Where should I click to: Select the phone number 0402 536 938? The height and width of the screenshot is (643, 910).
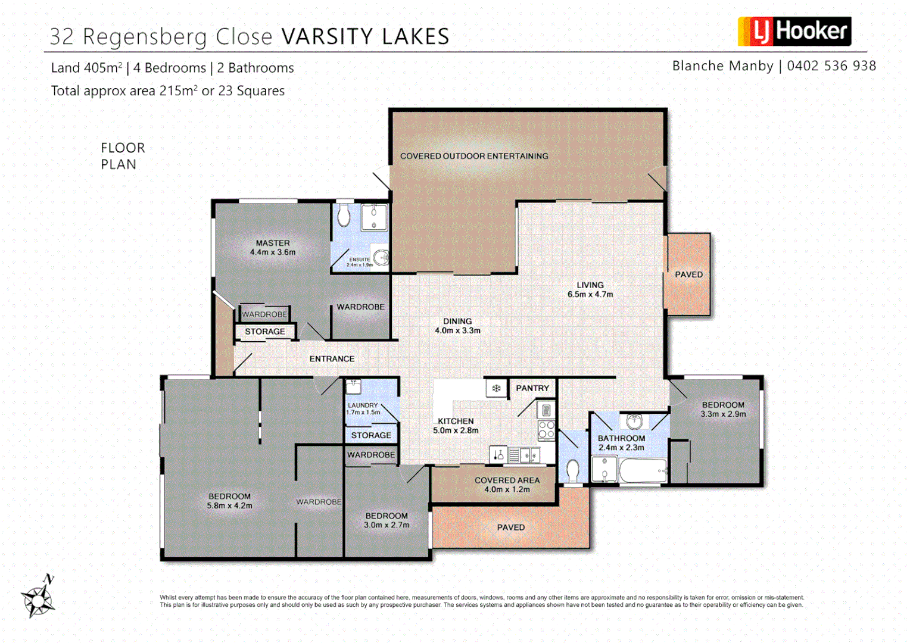pyautogui.click(x=831, y=66)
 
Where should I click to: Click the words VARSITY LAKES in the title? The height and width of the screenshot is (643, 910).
pyautogui.click(x=365, y=37)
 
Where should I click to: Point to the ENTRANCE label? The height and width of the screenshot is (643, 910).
pyautogui.click(x=332, y=359)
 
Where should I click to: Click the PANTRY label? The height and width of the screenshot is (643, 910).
pyautogui.click(x=532, y=388)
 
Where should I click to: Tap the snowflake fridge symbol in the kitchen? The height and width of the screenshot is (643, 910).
pyautogui.click(x=495, y=389)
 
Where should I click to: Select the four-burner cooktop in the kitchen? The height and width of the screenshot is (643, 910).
pyautogui.click(x=546, y=430)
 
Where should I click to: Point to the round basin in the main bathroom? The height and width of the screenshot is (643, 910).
pyautogui.click(x=634, y=422)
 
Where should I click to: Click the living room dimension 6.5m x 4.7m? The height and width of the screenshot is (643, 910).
pyautogui.click(x=590, y=294)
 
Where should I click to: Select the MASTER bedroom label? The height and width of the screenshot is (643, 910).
pyautogui.click(x=273, y=243)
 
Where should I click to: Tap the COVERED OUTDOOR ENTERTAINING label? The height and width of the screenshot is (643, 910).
pyautogui.click(x=474, y=156)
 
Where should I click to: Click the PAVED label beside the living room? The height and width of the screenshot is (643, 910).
pyautogui.click(x=688, y=274)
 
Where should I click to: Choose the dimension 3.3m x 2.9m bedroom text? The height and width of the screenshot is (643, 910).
pyautogui.click(x=723, y=414)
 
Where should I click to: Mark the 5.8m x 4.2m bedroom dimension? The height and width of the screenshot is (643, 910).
pyautogui.click(x=229, y=505)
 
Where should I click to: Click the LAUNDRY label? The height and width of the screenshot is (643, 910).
pyautogui.click(x=363, y=405)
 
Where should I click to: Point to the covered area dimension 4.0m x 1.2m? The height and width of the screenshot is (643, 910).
pyautogui.click(x=507, y=489)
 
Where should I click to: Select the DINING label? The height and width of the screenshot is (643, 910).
pyautogui.click(x=457, y=321)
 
